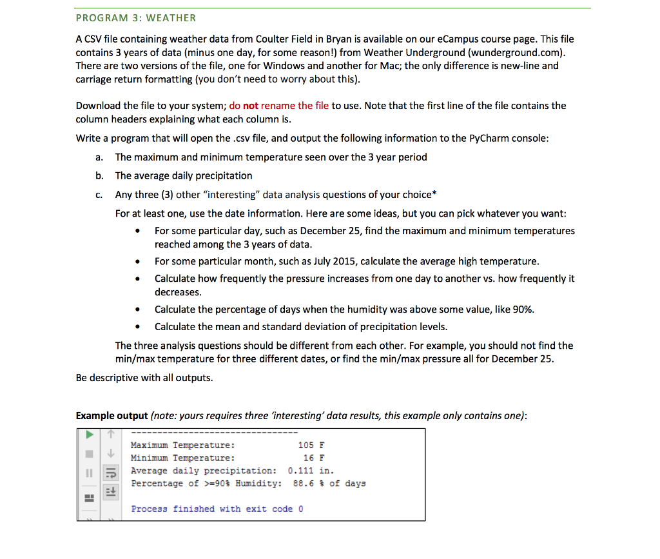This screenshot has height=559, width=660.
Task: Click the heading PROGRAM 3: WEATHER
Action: click(136, 18)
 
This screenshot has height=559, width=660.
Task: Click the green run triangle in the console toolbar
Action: click(90, 433)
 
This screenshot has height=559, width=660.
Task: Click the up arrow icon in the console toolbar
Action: click(110, 433)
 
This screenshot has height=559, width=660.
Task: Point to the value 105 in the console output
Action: click(306, 445)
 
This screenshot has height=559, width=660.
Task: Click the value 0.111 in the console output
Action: click(300, 471)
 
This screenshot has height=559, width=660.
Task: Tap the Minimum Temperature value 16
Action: click(309, 458)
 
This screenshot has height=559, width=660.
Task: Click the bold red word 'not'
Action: click(251, 106)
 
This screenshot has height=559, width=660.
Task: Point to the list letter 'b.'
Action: click(99, 175)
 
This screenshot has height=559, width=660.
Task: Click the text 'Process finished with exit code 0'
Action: click(217, 509)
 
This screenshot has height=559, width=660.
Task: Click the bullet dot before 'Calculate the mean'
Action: click(138, 327)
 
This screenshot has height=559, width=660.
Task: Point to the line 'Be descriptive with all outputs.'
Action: click(144, 377)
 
